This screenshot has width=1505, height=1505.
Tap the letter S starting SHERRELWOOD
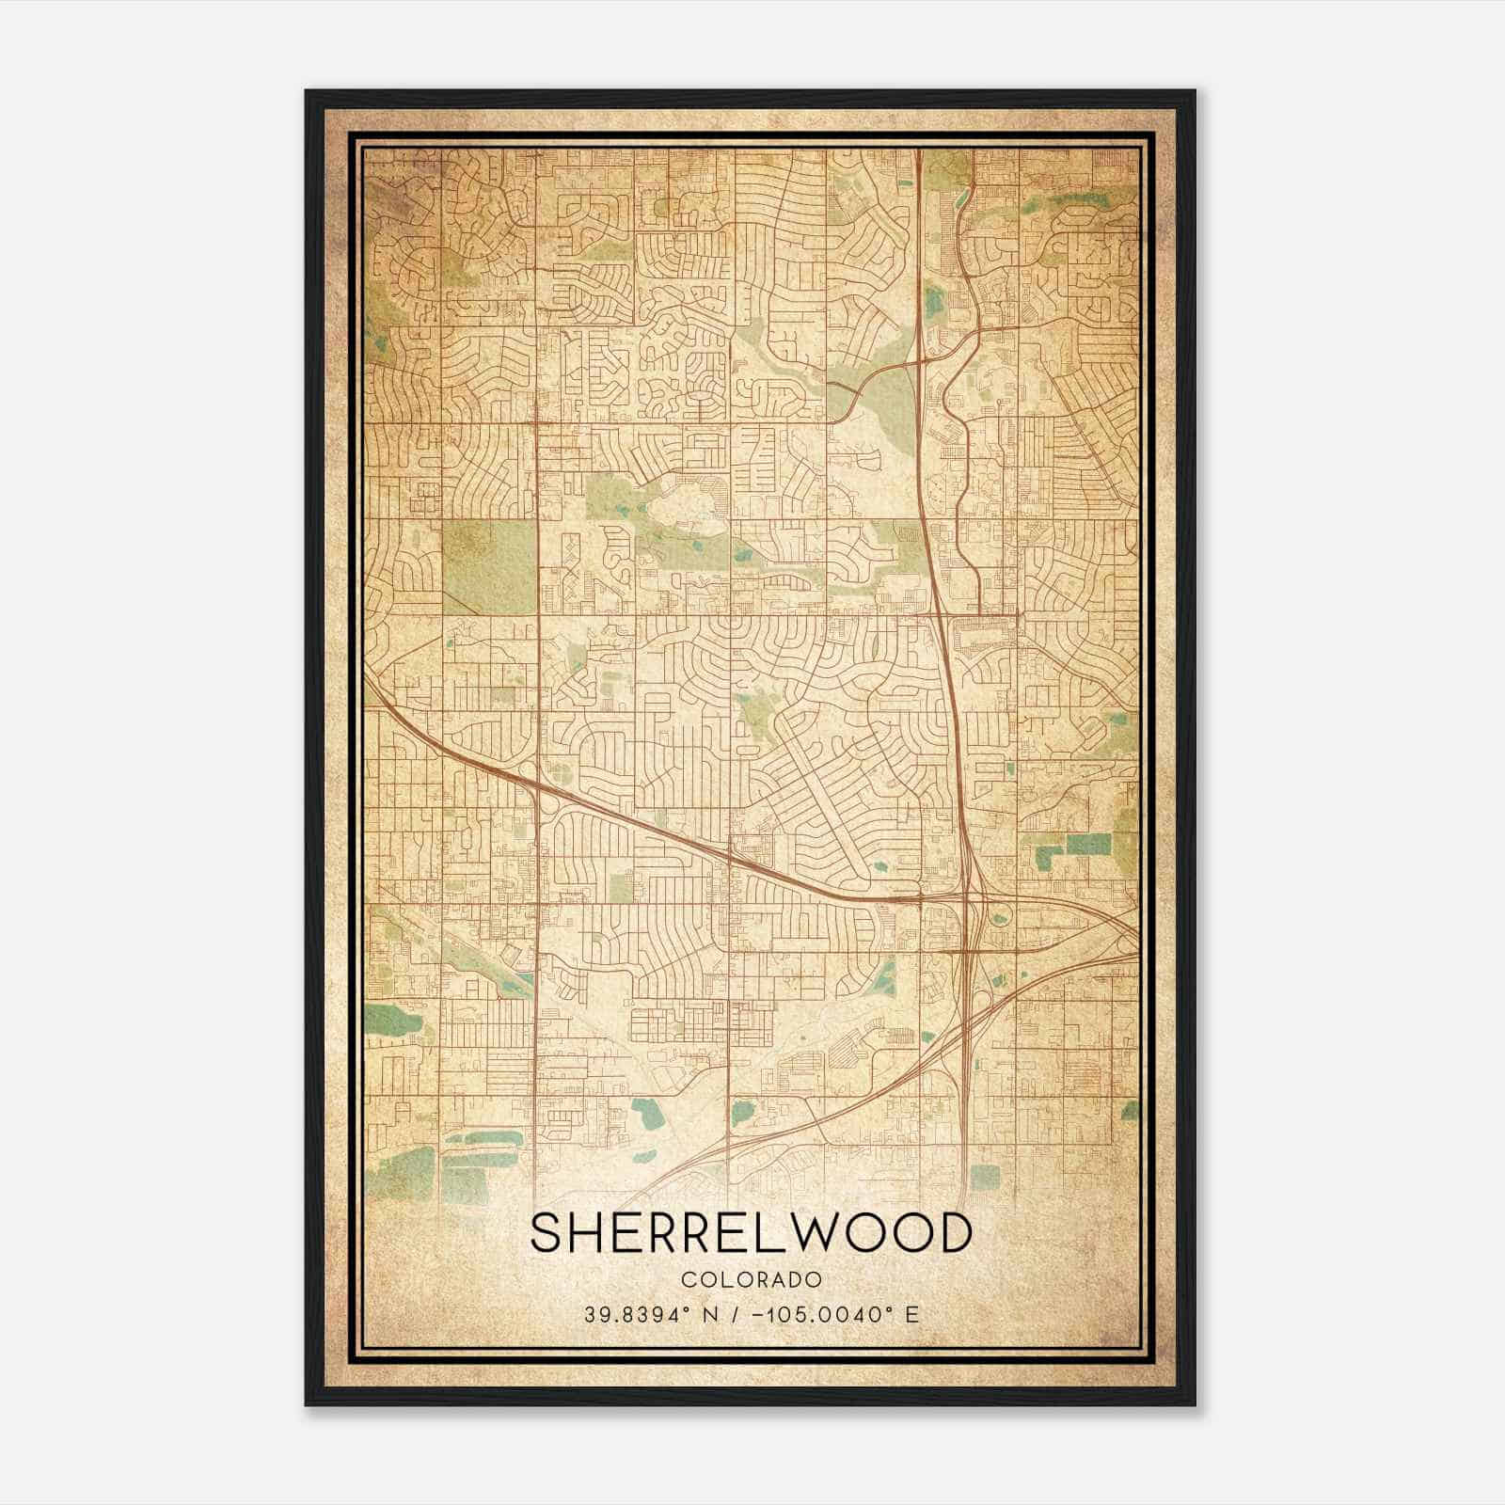549,1233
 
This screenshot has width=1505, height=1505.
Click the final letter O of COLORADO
816,1279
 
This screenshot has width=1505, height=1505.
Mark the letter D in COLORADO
797,1279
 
